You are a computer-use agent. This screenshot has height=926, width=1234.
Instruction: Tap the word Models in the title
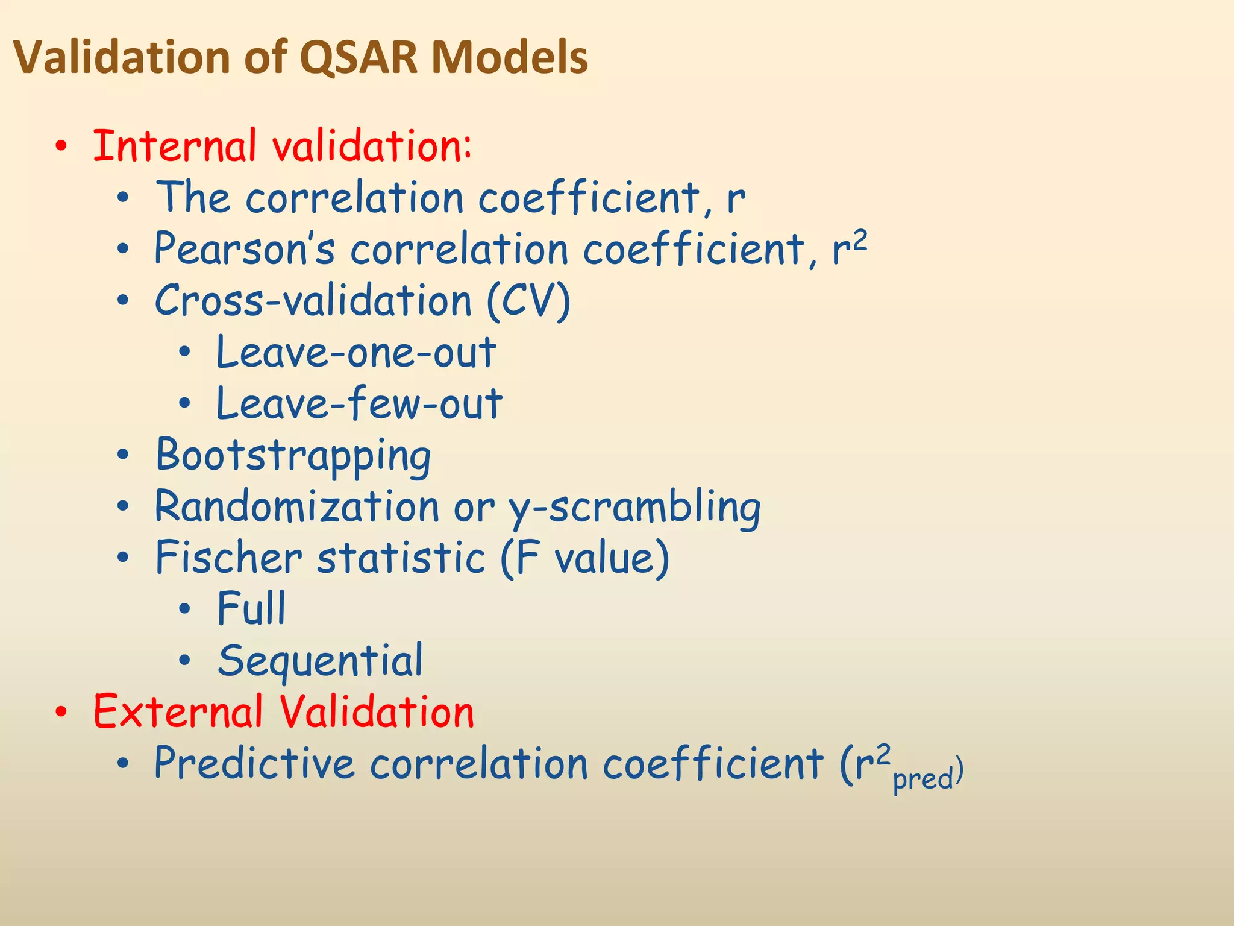point(509,58)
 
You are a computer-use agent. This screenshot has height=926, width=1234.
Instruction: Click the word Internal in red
point(175,146)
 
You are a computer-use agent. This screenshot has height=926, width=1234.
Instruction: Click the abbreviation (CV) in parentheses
point(528,301)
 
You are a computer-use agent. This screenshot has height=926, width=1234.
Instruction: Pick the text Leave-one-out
point(356,353)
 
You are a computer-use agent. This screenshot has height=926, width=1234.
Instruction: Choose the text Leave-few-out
point(359,404)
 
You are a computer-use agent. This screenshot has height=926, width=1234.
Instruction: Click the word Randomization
point(297,506)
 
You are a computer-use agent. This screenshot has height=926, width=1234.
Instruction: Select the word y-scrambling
point(634,508)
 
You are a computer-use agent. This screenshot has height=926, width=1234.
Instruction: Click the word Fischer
point(229,558)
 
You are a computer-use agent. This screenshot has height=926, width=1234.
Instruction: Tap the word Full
point(251,609)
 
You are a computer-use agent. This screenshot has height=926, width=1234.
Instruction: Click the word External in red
point(178,712)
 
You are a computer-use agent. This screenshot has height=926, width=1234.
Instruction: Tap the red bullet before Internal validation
point(61,146)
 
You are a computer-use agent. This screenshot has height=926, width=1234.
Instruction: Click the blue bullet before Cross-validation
point(123,301)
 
